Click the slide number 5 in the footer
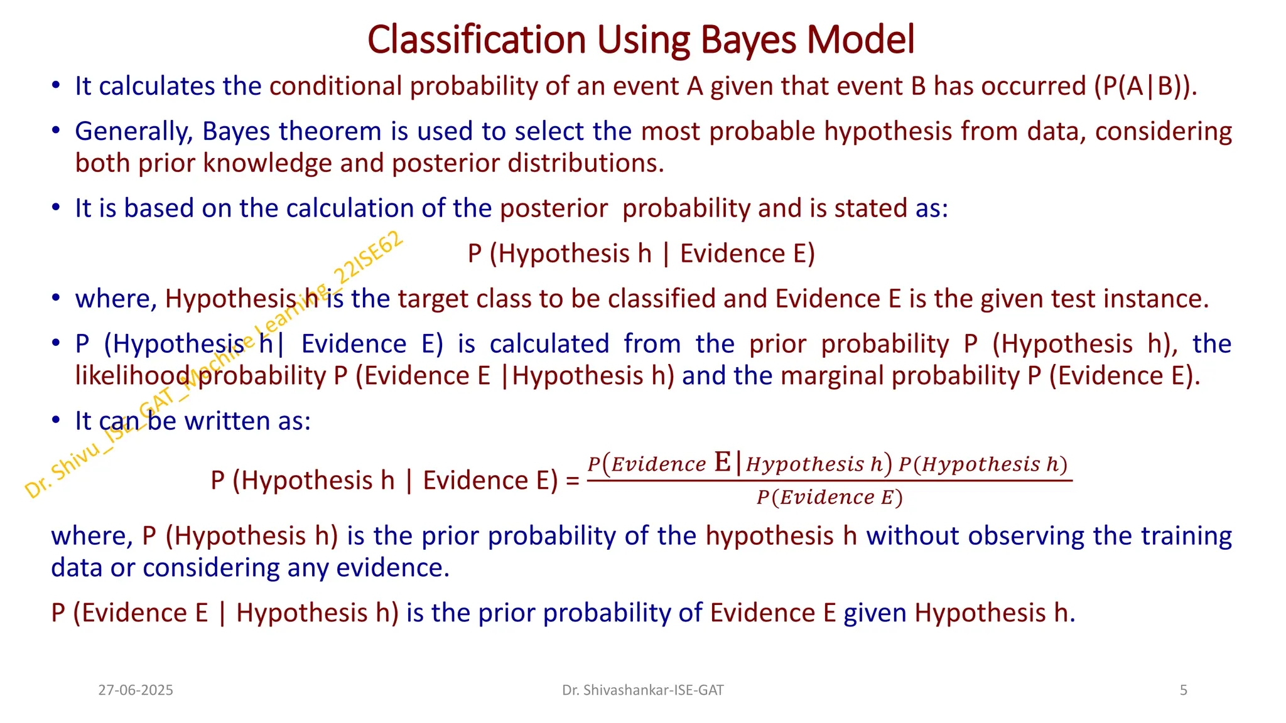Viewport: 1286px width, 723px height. tap(1183, 690)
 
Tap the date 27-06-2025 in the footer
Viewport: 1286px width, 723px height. tap(136, 690)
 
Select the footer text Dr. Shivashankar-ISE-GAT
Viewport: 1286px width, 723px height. tap(642, 690)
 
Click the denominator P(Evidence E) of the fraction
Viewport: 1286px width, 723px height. tap(829, 498)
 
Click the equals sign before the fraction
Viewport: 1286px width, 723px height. tap(572, 481)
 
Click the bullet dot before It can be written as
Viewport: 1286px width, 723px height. tap(56, 420)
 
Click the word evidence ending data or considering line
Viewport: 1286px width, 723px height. tap(392, 568)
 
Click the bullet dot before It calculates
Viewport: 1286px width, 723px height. tap(56, 85)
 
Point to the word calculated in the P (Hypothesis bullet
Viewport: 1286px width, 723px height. tap(549, 344)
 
